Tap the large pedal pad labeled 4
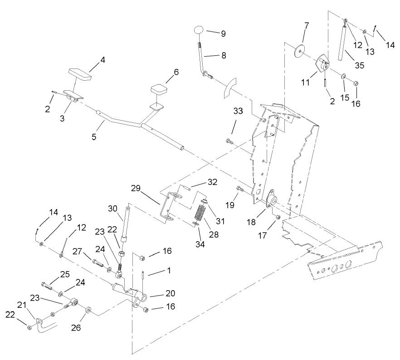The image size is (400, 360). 80,74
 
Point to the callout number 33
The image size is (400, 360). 239,111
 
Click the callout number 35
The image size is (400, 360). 359,65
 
